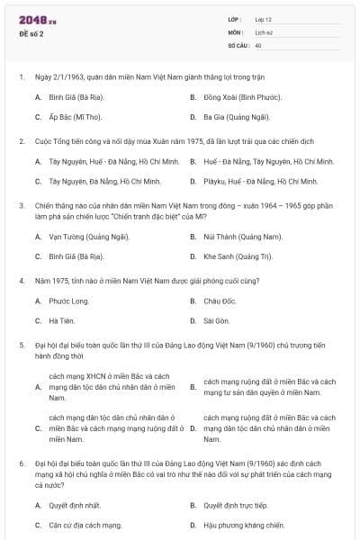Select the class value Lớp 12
click(x=263, y=19)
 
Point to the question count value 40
click(x=258, y=44)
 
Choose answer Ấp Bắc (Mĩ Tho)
click(x=75, y=117)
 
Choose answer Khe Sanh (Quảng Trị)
click(x=237, y=256)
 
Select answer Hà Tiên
click(x=60, y=320)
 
